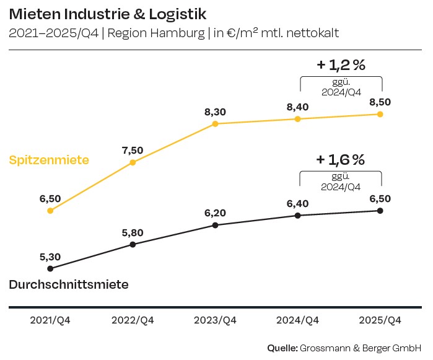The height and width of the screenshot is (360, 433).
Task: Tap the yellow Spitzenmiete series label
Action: pos(49,160)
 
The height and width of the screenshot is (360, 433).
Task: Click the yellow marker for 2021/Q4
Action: pos(50,211)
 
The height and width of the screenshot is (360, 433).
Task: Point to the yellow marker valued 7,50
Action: pos(133,162)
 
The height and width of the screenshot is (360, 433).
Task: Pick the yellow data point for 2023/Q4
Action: pos(215,124)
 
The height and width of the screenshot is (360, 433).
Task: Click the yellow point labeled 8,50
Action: pos(380,114)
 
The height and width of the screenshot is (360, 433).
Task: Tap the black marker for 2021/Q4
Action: pos(50,268)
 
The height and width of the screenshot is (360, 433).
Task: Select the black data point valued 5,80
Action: pos(133,244)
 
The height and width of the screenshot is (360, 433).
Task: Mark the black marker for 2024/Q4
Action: pos(298,215)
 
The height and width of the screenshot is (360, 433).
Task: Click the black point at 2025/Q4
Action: pos(380,211)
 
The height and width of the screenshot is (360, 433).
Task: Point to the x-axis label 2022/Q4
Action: pos(133,320)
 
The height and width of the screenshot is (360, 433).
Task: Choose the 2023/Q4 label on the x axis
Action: pos(215,320)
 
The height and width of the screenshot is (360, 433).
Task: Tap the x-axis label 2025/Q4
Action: pos(380,320)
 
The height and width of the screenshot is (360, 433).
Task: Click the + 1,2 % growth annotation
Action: pos(341,64)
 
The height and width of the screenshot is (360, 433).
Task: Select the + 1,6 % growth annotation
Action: pos(341,160)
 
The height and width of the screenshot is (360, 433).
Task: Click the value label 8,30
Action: pos(215,112)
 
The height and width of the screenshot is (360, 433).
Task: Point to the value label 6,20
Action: pos(215,213)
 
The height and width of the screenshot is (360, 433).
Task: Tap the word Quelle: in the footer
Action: pos(282,348)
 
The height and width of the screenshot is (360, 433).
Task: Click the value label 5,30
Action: pos(50,256)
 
